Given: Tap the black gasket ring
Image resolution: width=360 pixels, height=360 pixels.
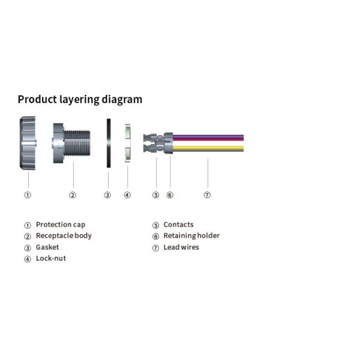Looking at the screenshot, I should (x=108, y=143).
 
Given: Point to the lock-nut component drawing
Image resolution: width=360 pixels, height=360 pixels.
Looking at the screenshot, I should (x=127, y=144).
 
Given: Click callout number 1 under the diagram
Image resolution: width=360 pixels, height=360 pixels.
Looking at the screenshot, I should (x=28, y=195).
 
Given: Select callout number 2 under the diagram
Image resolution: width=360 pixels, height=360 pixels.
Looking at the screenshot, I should (x=73, y=195).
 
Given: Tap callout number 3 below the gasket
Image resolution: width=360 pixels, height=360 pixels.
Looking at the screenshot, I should (x=107, y=195).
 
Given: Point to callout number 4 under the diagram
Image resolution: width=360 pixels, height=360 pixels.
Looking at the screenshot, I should (x=127, y=195).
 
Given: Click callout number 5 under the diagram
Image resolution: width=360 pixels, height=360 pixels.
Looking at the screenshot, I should (x=155, y=195).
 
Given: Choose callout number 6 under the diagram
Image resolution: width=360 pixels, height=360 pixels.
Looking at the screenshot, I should (x=170, y=195).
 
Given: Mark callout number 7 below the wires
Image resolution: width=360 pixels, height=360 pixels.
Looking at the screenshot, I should (x=207, y=195).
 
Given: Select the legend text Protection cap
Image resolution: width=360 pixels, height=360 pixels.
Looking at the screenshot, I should (x=61, y=224).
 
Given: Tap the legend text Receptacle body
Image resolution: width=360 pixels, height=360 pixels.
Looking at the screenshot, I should (x=64, y=236).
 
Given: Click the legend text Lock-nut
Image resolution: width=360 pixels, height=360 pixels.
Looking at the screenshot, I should (x=51, y=258).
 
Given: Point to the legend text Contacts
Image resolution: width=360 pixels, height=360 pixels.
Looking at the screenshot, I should (x=178, y=224).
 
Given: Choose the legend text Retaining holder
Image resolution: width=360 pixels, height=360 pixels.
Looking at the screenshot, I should (x=191, y=236).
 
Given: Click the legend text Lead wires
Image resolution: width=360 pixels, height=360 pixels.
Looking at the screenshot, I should (x=181, y=247).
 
